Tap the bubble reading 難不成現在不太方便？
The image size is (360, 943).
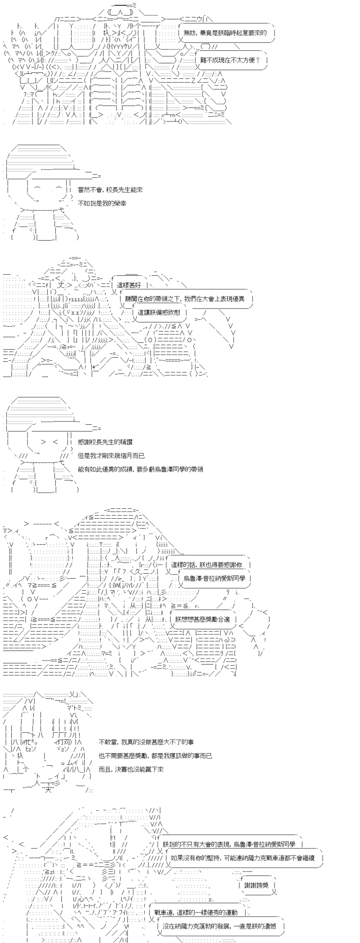tap(230, 60)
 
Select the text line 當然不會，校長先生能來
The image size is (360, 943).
tap(110, 190)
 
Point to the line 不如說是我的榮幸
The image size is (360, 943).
tap(102, 203)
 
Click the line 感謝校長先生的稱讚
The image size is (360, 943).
tap(105, 442)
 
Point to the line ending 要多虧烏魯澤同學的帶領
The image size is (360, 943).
tap(140, 469)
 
